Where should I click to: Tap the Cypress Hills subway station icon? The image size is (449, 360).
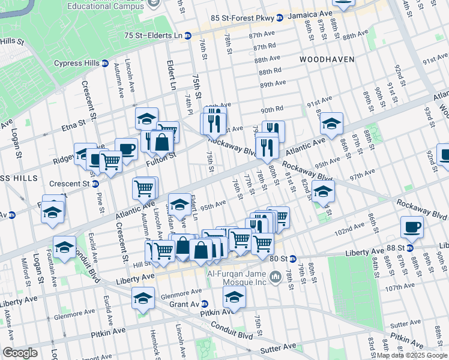(x=105, y=63)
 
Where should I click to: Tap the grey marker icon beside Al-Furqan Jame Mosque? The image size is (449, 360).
(x=276, y=276)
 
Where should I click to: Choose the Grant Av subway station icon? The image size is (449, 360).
(x=205, y=304)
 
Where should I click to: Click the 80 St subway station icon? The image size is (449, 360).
(x=293, y=259)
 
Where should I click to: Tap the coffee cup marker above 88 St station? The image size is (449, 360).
(x=412, y=227)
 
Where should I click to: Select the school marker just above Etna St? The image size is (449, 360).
(x=146, y=119)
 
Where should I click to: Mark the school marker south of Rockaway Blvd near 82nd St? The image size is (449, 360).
(x=323, y=193)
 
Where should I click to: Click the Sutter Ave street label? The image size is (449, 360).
(x=277, y=347)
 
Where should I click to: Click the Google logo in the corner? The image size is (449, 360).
(x=20, y=352)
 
